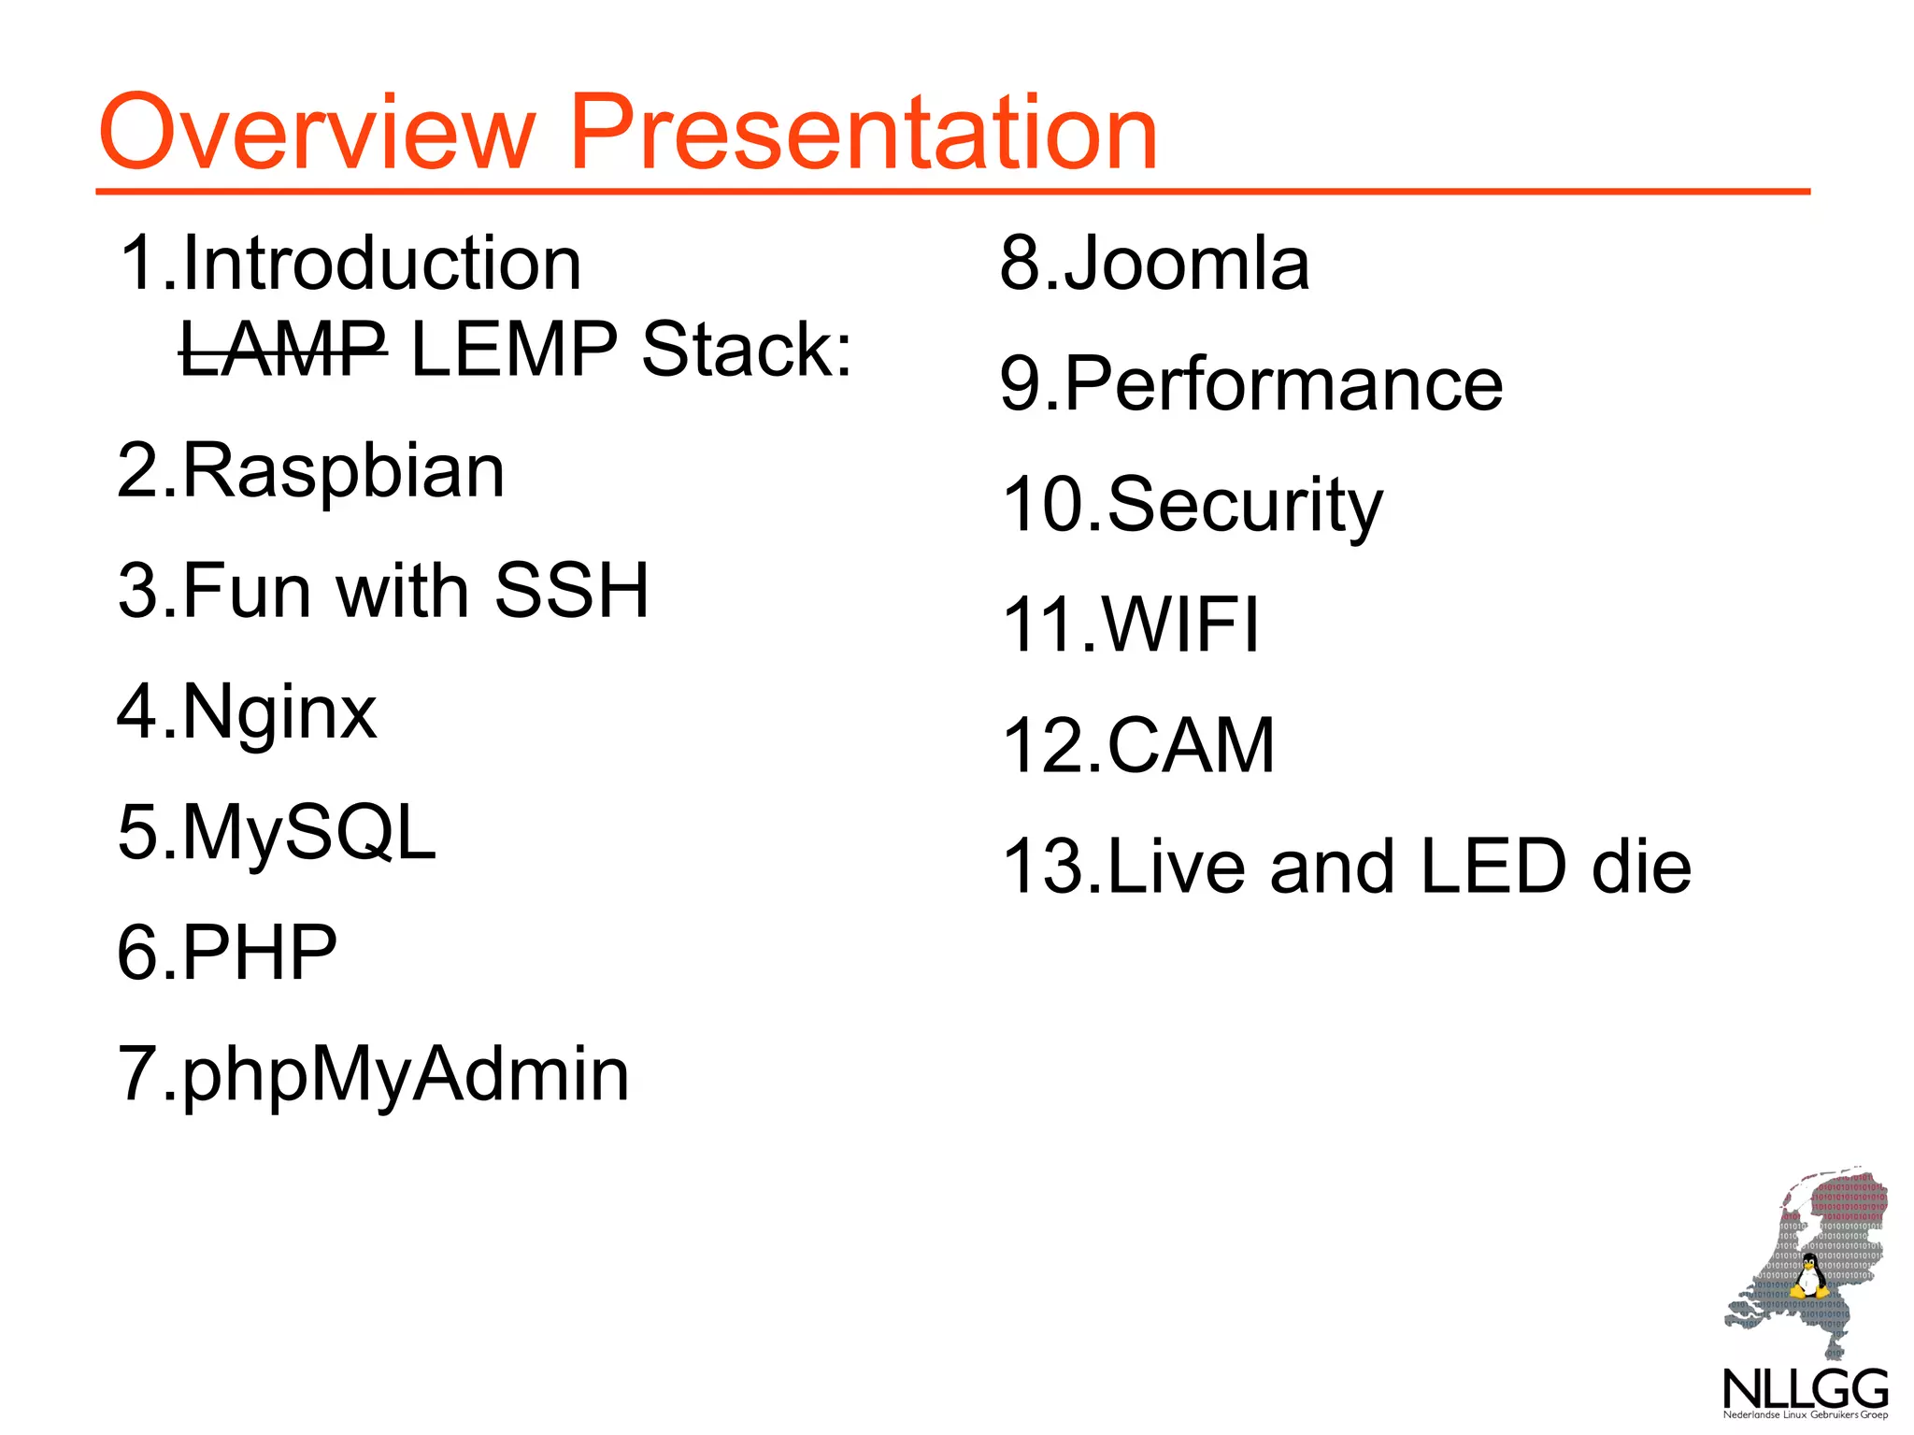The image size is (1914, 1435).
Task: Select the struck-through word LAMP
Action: pos(282,349)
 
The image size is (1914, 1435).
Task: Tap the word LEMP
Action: pos(514,349)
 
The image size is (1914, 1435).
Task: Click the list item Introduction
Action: pos(381,264)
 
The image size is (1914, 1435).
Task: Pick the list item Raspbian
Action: pos(342,470)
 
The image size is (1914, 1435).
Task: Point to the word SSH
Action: pos(571,591)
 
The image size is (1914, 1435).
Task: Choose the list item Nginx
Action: pos(279,711)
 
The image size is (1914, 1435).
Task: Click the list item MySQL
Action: pos(308,832)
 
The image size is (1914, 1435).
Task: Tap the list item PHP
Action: pos(259,953)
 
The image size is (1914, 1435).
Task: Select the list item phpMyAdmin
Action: pos(405,1074)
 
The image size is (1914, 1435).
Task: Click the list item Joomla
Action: pos(1185,264)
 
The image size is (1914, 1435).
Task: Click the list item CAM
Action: pos(1191,745)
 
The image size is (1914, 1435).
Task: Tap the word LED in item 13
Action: pos(1492,866)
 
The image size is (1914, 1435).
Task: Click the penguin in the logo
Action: pos(1809,1277)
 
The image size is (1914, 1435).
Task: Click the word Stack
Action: pos(746,349)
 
